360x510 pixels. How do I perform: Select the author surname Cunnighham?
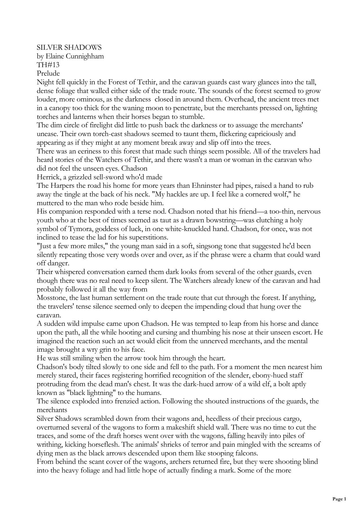[x=85, y=56]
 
